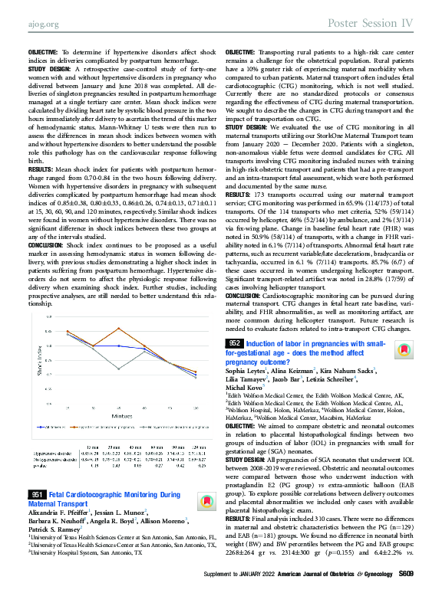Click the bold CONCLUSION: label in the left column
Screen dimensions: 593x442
[x=48, y=244]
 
